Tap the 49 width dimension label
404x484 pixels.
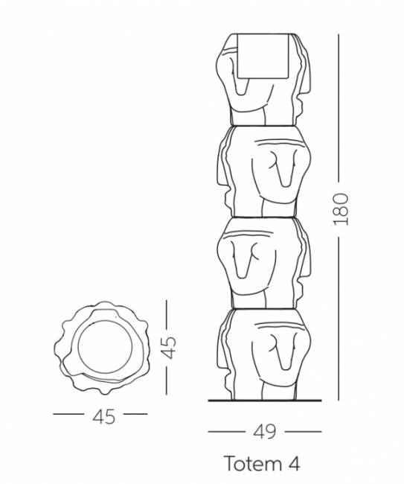point(266,431)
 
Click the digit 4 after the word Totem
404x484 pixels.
point(292,463)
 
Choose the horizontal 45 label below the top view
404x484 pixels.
point(104,416)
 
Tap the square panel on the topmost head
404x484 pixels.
point(261,55)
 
